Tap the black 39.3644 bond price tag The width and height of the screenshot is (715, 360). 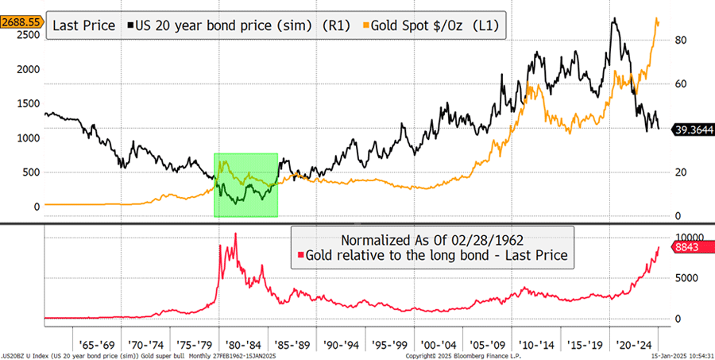(693, 130)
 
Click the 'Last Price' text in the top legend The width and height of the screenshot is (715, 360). (82, 25)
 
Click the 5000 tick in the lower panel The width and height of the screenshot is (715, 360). (686, 278)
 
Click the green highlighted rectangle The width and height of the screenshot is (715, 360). (245, 184)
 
